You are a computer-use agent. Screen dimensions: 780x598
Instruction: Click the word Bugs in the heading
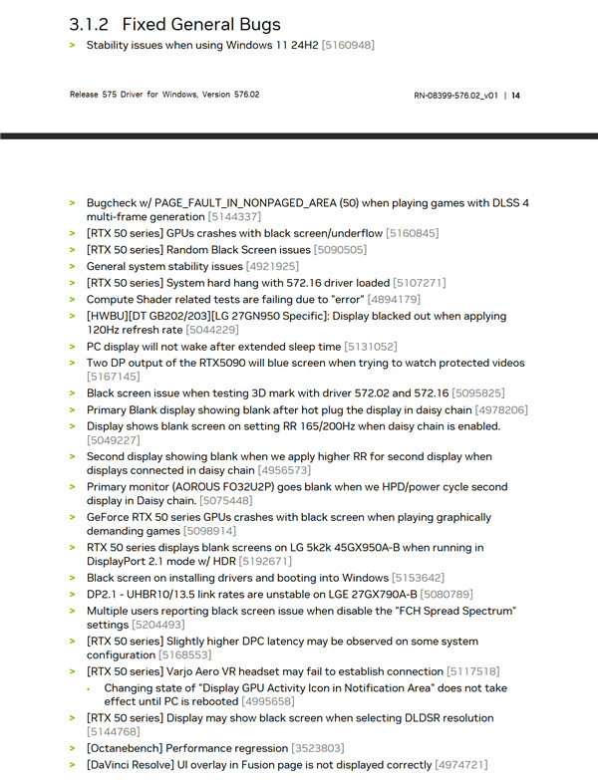(255, 23)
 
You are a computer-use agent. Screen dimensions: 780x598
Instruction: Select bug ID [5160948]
(348, 45)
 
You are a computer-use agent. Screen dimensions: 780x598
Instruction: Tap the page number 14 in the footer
(515, 95)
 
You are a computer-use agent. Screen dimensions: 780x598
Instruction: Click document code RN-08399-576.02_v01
(456, 95)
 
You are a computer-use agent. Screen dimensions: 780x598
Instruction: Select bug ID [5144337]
(234, 216)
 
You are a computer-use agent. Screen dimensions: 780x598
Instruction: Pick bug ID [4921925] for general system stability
(272, 266)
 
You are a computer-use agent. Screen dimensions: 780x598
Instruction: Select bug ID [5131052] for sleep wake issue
(370, 346)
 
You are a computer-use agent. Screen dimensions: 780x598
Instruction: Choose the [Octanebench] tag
(126, 747)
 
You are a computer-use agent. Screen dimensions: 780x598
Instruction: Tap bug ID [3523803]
(317, 747)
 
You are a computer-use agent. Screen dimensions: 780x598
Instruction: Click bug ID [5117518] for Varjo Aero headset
(473, 671)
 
